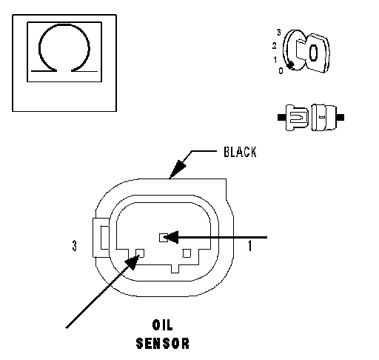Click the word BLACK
coord(240,152)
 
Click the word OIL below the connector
coord(163,325)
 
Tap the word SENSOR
coord(163,344)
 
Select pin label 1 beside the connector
coord(250,246)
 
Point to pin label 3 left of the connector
coord(74,246)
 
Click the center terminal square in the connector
coord(163,238)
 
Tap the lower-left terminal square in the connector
coord(140,253)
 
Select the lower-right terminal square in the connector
coord(187,253)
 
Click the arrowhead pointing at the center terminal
coord(171,237)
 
